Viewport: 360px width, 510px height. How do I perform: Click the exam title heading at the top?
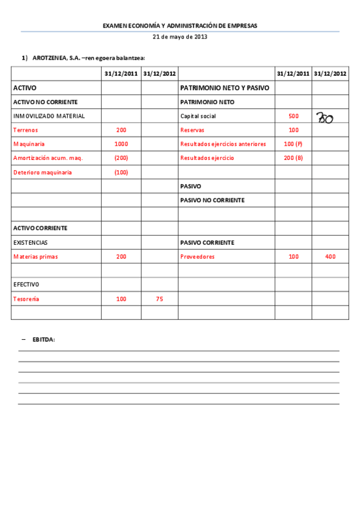pyautogui.click(x=180, y=26)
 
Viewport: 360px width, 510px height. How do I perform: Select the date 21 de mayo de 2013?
pyautogui.click(x=180, y=37)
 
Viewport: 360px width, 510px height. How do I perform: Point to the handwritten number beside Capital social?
pyautogui.click(x=325, y=117)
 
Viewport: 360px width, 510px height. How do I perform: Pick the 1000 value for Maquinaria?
pyautogui.click(x=121, y=144)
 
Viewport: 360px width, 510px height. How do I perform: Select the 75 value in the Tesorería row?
pyautogui.click(x=159, y=299)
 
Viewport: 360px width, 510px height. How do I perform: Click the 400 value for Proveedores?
pyautogui.click(x=330, y=257)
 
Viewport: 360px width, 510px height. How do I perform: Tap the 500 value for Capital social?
pyautogui.click(x=293, y=116)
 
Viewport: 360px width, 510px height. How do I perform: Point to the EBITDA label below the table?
pyautogui.click(x=43, y=340)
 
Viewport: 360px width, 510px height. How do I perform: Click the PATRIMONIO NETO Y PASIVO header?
pyautogui.click(x=225, y=88)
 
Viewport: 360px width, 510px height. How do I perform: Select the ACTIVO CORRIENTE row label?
pyautogui.click(x=40, y=229)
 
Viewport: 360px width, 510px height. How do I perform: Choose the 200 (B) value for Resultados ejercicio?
pyautogui.click(x=293, y=158)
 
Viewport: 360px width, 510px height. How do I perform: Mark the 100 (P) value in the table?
pyautogui.click(x=293, y=144)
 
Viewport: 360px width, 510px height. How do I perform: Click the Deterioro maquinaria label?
pyautogui.click(x=42, y=173)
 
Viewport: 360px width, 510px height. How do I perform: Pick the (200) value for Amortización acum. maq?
pyautogui.click(x=121, y=158)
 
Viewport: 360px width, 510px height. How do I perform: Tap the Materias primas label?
pyautogui.click(x=35, y=257)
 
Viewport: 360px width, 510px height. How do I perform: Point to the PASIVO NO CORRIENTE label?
pyautogui.click(x=212, y=200)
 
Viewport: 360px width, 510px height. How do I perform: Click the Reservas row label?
pyautogui.click(x=192, y=130)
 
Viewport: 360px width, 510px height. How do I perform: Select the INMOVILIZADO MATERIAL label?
pyautogui.click(x=49, y=116)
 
